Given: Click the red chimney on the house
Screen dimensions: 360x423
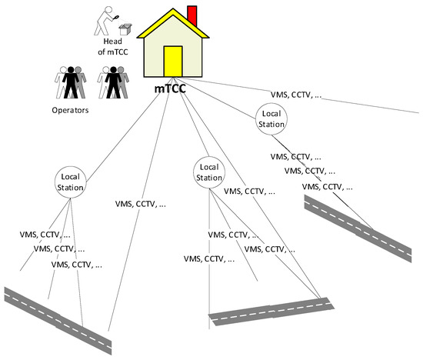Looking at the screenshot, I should (192, 15).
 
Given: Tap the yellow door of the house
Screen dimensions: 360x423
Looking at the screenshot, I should (173, 62).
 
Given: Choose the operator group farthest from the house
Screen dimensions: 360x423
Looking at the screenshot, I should (70, 82).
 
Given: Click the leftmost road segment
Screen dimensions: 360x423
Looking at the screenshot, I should (58, 316).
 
